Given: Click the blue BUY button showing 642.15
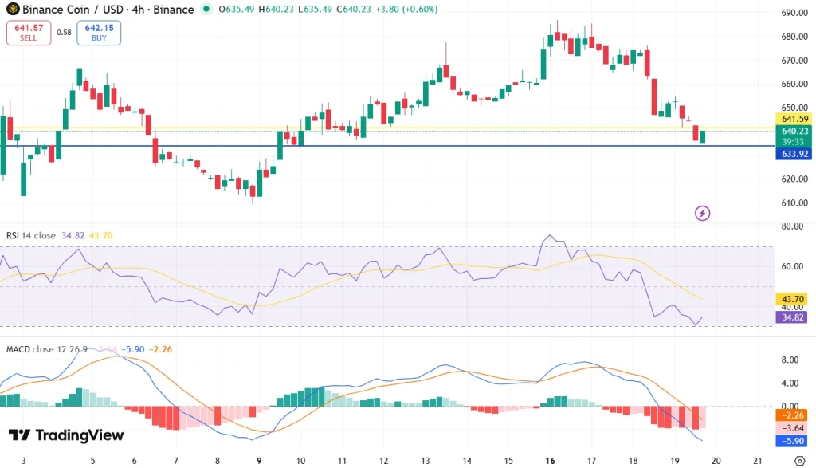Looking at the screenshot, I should click(x=99, y=32).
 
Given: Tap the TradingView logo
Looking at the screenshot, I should click(x=66, y=435).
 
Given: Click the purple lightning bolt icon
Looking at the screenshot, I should click(x=702, y=213).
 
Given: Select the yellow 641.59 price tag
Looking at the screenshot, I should click(x=795, y=119).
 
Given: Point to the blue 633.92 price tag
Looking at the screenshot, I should click(x=795, y=154).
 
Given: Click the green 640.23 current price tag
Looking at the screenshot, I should click(x=795, y=131).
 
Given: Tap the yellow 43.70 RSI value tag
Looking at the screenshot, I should click(x=795, y=299).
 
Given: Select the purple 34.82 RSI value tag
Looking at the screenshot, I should click(x=795, y=317).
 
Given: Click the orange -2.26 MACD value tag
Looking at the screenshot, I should click(x=795, y=415).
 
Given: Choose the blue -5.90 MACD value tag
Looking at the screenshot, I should click(x=795, y=440).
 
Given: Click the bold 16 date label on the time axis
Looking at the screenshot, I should click(x=550, y=461).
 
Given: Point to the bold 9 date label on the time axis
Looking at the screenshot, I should click(x=259, y=461).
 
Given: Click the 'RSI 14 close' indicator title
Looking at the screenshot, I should click(x=31, y=235).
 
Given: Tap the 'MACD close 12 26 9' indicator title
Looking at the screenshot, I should click(x=46, y=349).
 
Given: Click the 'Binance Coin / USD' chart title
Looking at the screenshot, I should click(x=74, y=10).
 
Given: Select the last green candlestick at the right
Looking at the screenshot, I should click(x=702, y=137).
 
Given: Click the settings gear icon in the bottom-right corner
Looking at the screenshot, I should click(x=800, y=461).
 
